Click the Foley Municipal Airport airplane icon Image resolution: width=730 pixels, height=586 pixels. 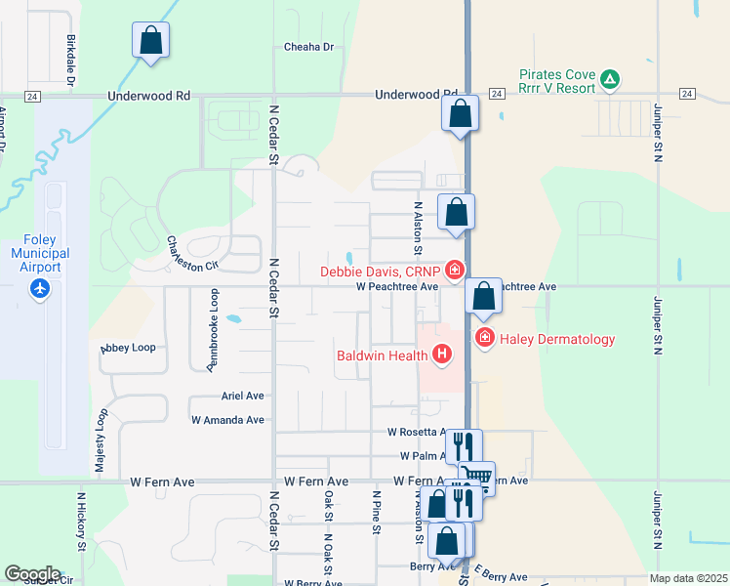pos(39,289)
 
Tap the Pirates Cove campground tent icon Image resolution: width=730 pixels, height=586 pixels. pos(610,78)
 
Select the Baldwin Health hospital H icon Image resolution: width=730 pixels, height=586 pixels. pos(443,355)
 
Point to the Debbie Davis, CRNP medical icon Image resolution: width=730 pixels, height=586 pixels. pos(455,271)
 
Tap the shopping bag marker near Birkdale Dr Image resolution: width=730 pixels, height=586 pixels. pos(150,41)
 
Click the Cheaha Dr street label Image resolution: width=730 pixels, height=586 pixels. pos(308,47)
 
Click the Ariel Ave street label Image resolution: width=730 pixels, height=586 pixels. pos(243,397)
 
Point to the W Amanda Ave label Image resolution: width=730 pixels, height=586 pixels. pos(227,420)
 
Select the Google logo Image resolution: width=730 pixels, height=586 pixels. pos(32,574)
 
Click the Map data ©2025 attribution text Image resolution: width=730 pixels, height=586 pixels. pos(687,578)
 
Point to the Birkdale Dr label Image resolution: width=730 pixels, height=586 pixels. pos(71,60)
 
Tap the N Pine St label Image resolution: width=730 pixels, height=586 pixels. pos(376,513)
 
